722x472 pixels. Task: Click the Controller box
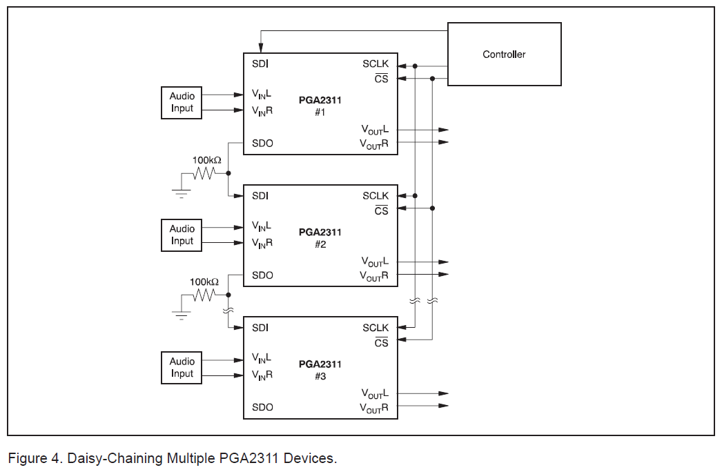point(504,54)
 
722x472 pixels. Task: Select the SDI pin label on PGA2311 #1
point(260,64)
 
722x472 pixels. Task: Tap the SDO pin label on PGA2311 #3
point(262,407)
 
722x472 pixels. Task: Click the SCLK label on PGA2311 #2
point(375,196)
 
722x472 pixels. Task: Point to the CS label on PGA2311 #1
point(381,79)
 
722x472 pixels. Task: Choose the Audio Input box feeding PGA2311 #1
point(182,103)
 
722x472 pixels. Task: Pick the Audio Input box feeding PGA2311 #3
point(182,368)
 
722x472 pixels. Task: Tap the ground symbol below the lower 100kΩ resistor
point(182,315)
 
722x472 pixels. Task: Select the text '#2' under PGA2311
point(320,244)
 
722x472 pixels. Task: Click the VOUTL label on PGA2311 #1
point(375,130)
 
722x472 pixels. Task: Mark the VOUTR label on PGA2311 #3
point(374,408)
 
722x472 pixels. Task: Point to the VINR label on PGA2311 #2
point(262,243)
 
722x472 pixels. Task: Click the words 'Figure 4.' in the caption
point(30,458)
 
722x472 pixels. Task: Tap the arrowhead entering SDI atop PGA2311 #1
point(260,48)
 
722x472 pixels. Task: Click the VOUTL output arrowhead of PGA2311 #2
point(443,262)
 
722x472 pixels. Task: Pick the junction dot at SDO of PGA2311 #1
point(228,173)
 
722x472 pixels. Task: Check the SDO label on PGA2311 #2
point(262,275)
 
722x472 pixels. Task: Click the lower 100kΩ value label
point(204,282)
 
